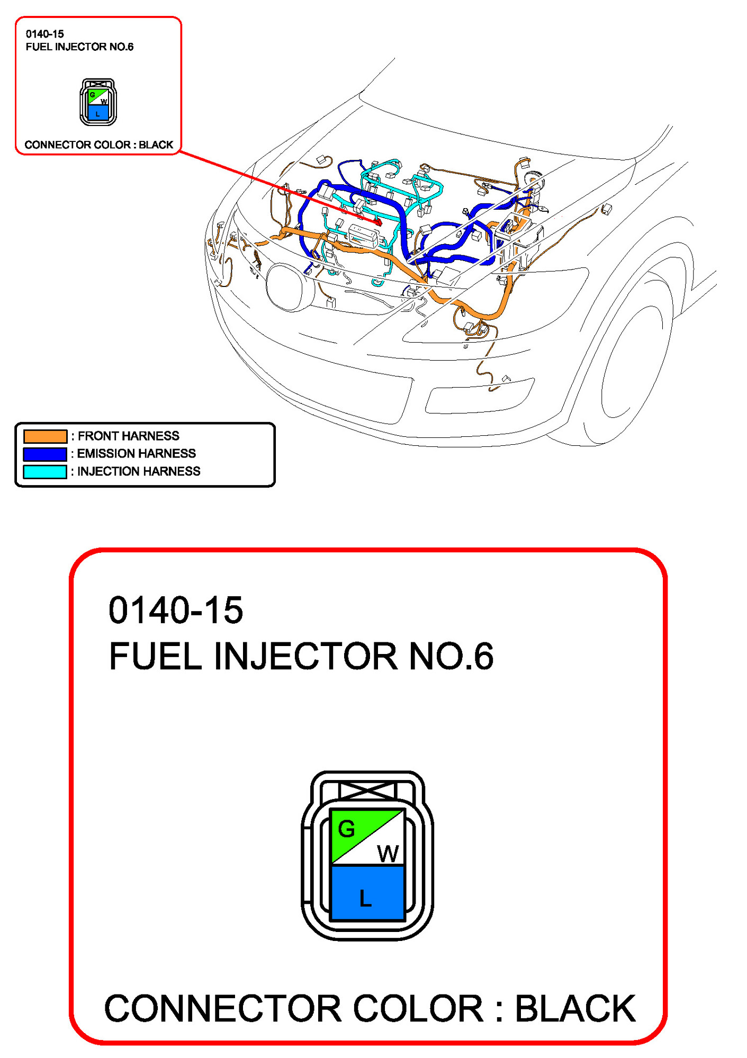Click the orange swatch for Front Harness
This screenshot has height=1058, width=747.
pos(45,436)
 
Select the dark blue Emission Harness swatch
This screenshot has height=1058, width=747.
pos(45,454)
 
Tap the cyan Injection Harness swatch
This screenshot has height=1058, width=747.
pos(45,471)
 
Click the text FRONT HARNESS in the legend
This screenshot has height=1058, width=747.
pos(128,436)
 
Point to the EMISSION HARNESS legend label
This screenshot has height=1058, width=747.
pos(136,453)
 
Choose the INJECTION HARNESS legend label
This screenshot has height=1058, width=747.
pos(138,471)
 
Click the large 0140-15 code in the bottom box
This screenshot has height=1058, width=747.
pos(175,610)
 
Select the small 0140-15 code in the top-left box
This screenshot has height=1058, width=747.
pos(44,34)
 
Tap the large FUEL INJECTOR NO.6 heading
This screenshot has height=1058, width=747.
pos(301,656)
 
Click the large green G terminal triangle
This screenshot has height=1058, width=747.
pos(349,830)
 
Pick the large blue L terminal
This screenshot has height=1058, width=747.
pos(367,893)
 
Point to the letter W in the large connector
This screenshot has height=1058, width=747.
pos(388,854)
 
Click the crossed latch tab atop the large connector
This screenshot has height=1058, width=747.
pos(367,791)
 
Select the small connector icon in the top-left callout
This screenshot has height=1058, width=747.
pos(98,102)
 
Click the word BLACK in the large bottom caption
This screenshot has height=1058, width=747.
pos(575,1008)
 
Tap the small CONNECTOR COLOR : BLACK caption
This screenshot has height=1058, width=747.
pos(98,145)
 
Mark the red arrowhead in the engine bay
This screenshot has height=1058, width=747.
pos(378,222)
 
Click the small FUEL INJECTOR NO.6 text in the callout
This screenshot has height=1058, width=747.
pos(79,47)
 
